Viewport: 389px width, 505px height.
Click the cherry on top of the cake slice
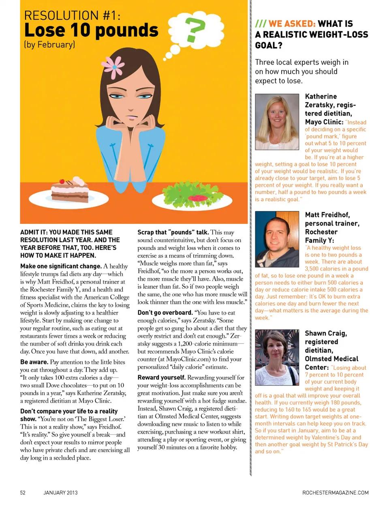tap(62, 181)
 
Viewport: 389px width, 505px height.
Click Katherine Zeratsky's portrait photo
tap(277, 117)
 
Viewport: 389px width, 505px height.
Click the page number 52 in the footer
tap(23, 492)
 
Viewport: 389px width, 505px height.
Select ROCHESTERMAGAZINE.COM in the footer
tap(336, 492)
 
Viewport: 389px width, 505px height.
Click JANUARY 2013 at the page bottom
tap(60, 492)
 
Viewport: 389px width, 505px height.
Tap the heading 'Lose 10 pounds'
tap(91, 30)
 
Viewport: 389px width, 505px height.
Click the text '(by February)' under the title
tap(50, 44)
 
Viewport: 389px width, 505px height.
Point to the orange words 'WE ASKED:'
tap(292, 24)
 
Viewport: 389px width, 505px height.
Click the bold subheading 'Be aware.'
tap(34, 362)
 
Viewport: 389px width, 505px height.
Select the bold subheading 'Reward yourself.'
tap(161, 377)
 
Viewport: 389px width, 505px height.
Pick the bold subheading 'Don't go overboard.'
tap(165, 313)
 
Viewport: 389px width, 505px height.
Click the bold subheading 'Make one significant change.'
tap(61, 266)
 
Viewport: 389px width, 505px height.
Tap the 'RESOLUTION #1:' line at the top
tap(72, 15)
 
